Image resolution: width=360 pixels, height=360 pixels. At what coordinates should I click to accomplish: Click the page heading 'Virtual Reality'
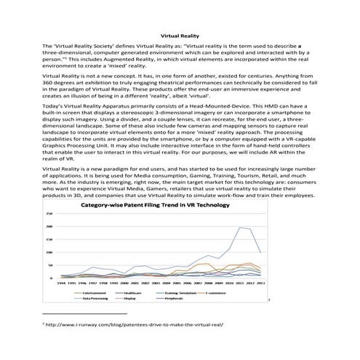(180, 35)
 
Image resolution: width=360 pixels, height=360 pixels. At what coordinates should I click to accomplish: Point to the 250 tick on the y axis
(49, 214)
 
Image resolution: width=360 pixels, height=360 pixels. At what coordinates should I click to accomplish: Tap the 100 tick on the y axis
(49, 252)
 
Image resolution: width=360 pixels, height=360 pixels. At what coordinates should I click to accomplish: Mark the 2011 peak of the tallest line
(241, 228)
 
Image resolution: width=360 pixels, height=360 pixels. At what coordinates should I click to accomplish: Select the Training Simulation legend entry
(181, 292)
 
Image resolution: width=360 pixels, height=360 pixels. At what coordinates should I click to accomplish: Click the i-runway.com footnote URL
(135, 325)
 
